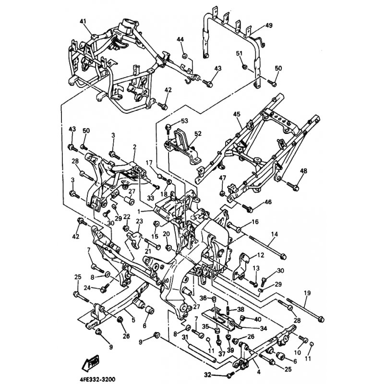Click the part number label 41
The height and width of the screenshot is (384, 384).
coord(83,22)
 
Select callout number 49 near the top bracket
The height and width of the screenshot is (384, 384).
coord(268,25)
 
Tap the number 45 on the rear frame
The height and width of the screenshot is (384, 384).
coord(236,114)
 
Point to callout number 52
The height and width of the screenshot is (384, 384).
coord(185,134)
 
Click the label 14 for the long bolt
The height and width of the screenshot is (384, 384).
coord(275,234)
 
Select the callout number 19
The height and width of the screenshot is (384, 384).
coord(307,292)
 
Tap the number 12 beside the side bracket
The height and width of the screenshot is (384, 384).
coord(261,255)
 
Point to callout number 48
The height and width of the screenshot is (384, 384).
coord(304,171)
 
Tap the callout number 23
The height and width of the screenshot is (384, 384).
coord(139,221)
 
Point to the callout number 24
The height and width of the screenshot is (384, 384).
coord(87,288)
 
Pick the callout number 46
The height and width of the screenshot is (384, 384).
coord(268,203)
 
